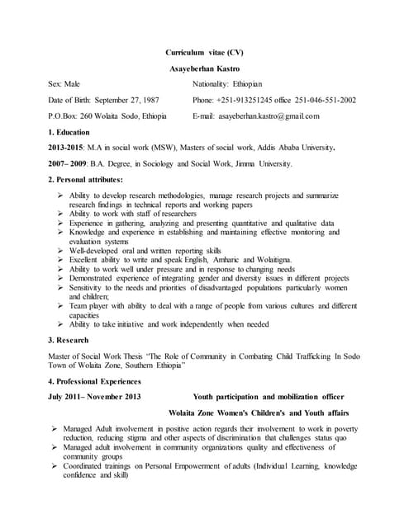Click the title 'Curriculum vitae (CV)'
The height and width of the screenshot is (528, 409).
pyautogui.click(x=205, y=52)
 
